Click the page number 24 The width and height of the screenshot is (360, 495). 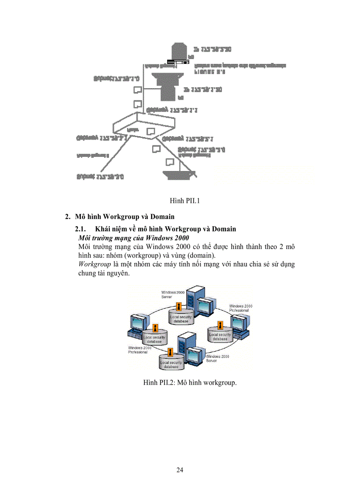180,470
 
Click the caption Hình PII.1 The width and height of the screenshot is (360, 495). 185,201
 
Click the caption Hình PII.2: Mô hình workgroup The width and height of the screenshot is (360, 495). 190,382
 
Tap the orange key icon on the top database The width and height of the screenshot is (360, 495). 178,306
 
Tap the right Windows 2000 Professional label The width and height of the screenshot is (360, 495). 240,308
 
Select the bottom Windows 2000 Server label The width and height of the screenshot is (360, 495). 217,358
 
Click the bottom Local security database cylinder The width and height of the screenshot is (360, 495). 171,364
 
